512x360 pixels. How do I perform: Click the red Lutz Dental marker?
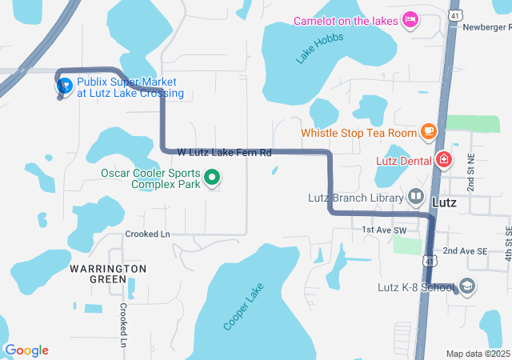pos(443,161)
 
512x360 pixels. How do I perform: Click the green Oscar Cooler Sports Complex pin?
pos(213,178)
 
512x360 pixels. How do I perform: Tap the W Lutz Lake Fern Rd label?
pos(224,152)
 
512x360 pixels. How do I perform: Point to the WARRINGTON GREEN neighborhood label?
pos(107,274)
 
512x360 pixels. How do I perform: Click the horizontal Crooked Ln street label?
pos(148,234)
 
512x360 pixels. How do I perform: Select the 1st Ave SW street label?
pos(384,230)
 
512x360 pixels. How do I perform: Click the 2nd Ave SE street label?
pos(465,250)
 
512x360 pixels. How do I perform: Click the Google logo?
pos(26,350)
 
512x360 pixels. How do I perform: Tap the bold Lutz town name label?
pos(444,202)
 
